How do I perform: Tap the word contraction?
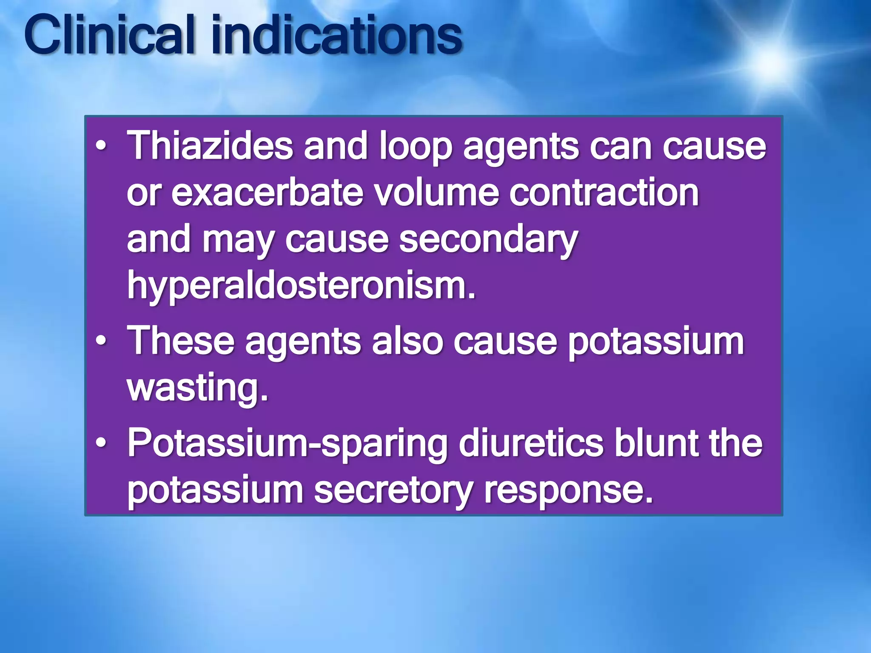click(604, 193)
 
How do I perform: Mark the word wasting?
click(197, 388)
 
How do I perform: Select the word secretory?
click(393, 490)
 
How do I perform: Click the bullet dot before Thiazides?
click(100, 147)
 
